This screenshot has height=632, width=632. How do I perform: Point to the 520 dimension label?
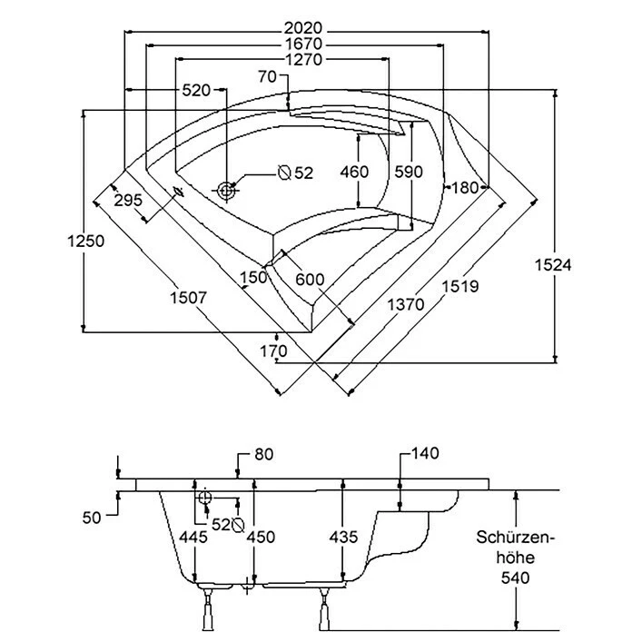196,90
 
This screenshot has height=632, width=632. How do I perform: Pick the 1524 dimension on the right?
553,264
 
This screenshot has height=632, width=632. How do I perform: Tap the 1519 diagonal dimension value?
460,286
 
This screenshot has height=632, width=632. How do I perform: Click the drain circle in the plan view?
226,191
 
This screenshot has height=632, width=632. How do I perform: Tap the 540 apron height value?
515,578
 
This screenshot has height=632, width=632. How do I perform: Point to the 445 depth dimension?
194,537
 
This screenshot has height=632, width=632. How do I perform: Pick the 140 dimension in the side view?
425,453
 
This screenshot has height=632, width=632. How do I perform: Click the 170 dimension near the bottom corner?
272,350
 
